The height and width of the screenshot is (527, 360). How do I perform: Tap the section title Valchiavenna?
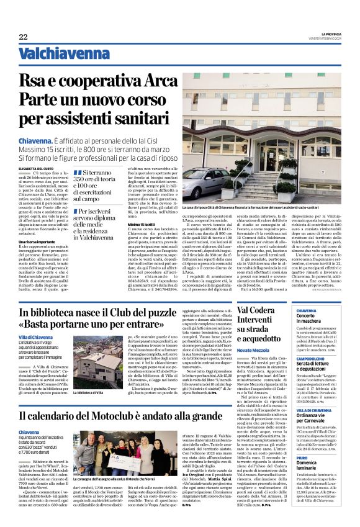[60, 54]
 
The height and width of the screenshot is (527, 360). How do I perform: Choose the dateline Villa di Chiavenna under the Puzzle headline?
[35, 337]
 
